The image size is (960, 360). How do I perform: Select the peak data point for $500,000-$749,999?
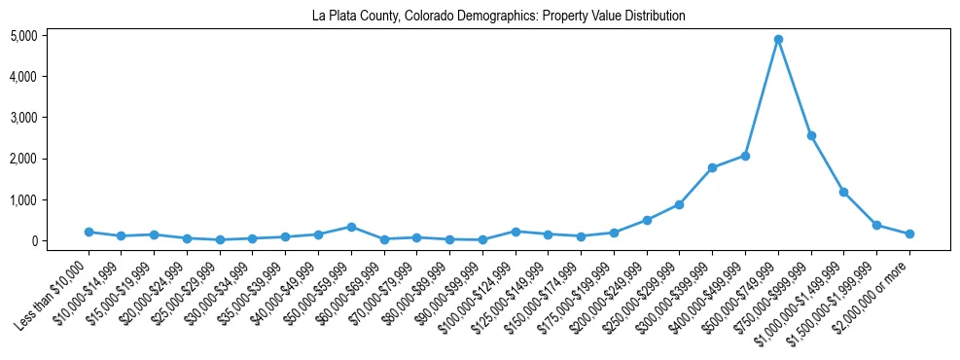[x=778, y=40]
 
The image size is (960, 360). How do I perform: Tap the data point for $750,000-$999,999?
[x=811, y=135]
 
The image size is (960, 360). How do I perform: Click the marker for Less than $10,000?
[x=89, y=232]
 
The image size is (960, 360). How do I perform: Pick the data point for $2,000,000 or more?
[x=909, y=234]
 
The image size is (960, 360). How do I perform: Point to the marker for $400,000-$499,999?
[x=745, y=156]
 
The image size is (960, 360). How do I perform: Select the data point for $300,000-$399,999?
[x=712, y=167]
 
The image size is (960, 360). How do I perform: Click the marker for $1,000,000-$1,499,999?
[x=844, y=192]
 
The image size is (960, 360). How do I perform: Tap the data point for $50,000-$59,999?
[x=351, y=227]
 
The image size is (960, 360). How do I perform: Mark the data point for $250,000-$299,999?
[x=679, y=204]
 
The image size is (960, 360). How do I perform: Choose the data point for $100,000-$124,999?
[x=516, y=231]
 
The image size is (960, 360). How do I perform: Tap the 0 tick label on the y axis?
[x=60, y=240]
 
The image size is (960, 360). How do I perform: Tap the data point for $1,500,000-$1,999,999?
[x=876, y=225]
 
